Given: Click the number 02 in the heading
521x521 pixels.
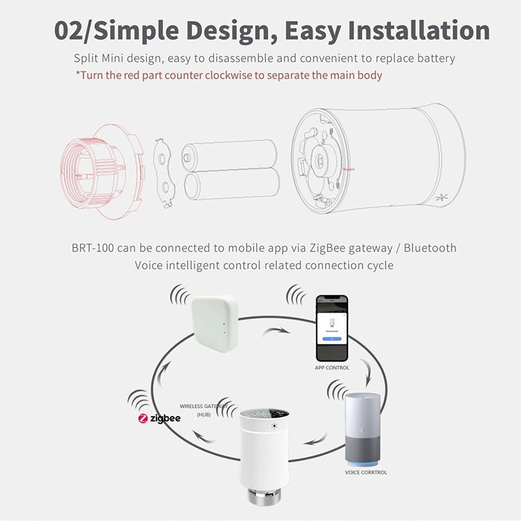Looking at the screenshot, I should click(x=74, y=31).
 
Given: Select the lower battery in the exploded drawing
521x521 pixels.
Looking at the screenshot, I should click(x=232, y=184).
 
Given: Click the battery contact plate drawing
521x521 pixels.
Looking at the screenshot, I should click(x=165, y=171).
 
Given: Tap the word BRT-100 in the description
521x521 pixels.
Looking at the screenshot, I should click(x=94, y=248).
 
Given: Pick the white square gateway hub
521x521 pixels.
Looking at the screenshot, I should click(x=213, y=323).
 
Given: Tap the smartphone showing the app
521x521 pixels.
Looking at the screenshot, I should click(x=331, y=327).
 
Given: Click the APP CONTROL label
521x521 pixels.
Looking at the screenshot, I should click(x=331, y=367).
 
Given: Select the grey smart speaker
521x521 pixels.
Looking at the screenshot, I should click(x=363, y=428).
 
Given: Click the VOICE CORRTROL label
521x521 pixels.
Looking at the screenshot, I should click(x=366, y=472).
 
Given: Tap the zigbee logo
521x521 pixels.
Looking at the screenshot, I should click(x=159, y=419).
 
